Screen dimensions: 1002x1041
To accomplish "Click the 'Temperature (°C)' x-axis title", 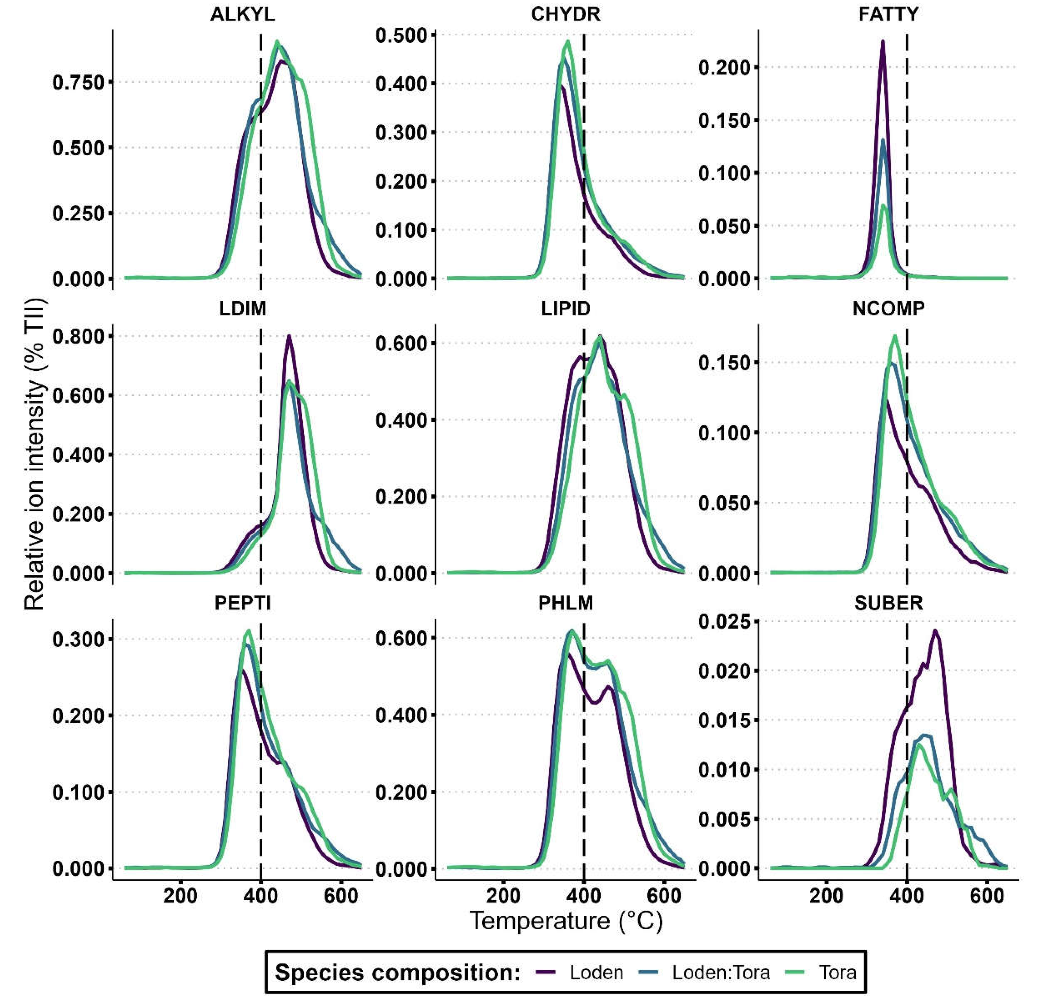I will (566, 920).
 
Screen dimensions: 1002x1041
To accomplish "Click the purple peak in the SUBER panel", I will (934, 631).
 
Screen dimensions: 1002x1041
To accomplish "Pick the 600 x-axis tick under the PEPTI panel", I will (340, 896).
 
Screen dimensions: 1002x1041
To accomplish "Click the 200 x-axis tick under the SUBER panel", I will (826, 896).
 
